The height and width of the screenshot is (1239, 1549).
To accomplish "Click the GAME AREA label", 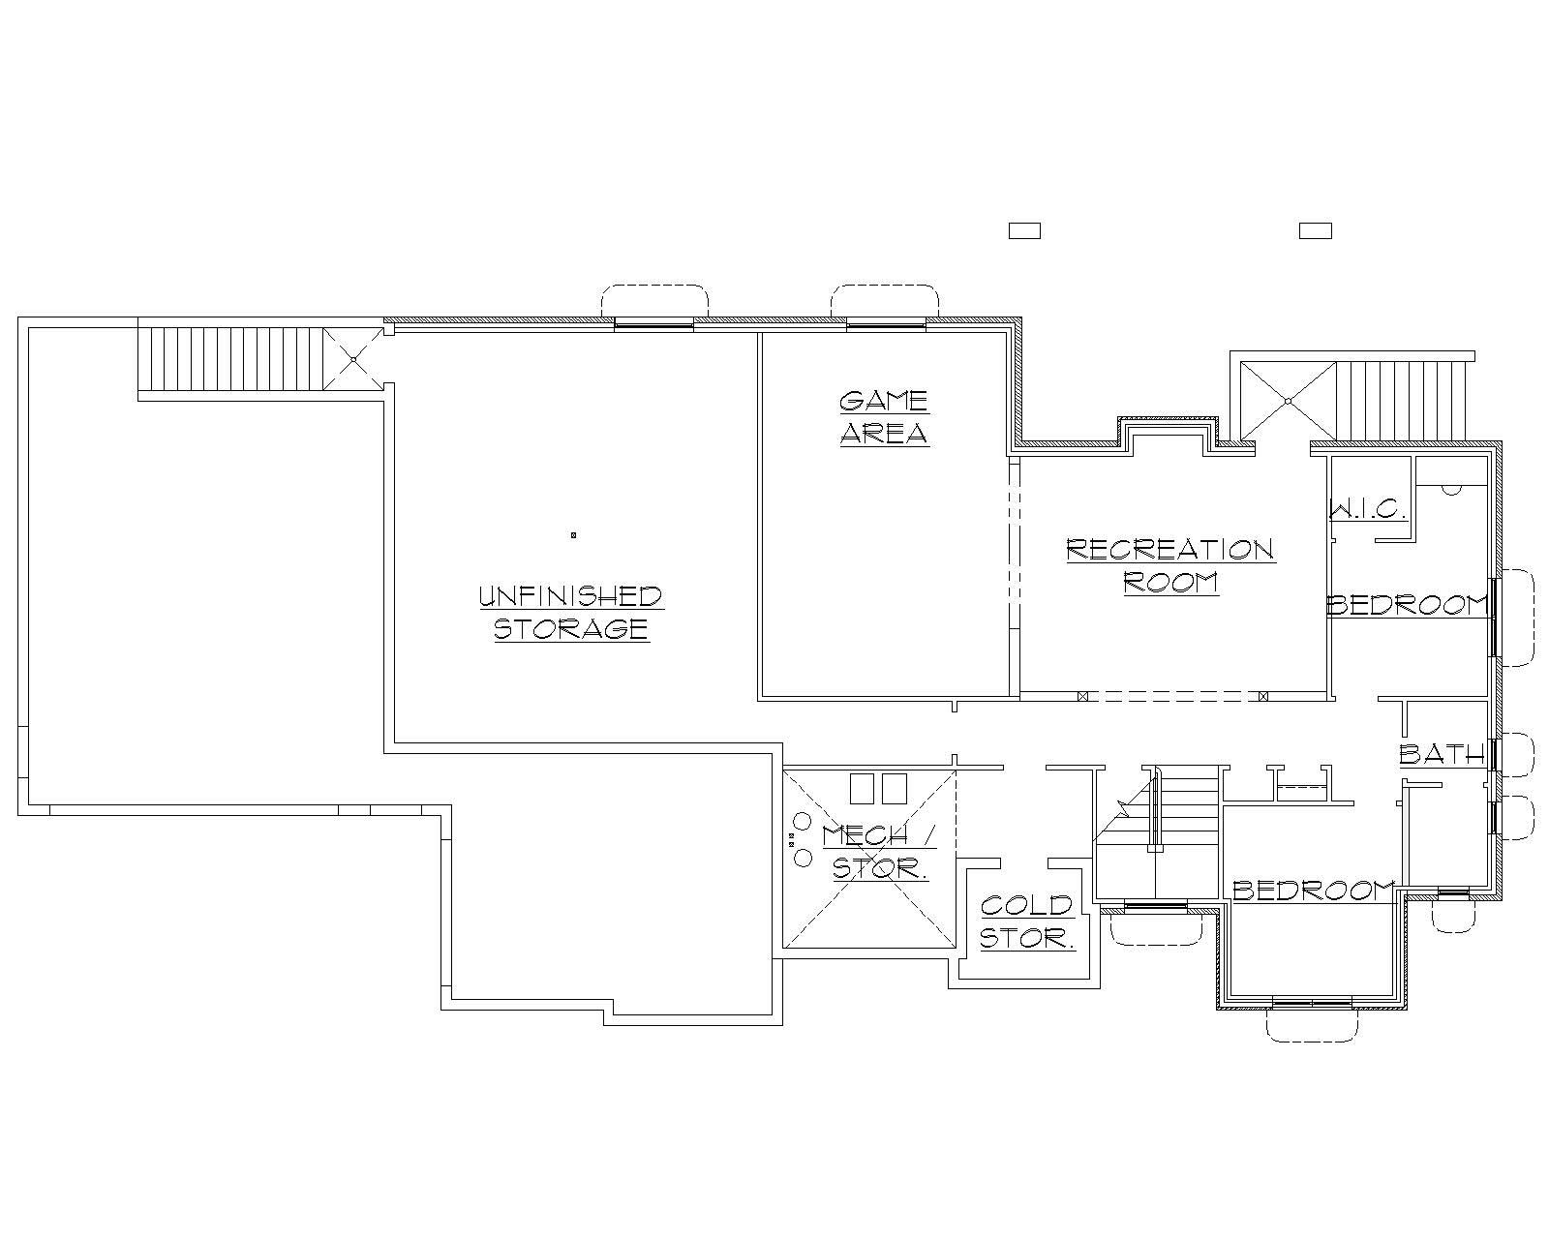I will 883,417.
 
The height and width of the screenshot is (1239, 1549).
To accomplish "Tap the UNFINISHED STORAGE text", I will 571,613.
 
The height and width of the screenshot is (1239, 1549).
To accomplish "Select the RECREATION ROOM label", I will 1169,566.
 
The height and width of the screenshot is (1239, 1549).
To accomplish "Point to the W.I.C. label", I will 1367,509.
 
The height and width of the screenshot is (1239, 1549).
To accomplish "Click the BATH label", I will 1442,754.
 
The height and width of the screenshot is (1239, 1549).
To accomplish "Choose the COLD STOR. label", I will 1027,922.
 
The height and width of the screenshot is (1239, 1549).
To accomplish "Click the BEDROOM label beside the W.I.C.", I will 1406,606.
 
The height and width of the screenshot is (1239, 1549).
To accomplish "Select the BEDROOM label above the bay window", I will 1313,891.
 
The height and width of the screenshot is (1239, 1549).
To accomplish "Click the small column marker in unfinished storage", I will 573,534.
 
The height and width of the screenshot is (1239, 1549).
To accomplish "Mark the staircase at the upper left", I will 229,359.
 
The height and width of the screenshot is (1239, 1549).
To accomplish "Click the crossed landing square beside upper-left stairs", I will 353,359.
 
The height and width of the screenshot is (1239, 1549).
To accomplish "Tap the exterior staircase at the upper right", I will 1401,399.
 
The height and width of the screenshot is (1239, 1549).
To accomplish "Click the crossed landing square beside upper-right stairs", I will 1289,400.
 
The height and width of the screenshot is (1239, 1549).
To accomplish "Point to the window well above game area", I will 884,302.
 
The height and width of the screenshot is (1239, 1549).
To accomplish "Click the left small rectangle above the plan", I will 1024,230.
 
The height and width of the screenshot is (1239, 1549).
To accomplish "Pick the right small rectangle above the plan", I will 1315,230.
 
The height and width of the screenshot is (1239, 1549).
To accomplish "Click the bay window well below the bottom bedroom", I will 1312,1024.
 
